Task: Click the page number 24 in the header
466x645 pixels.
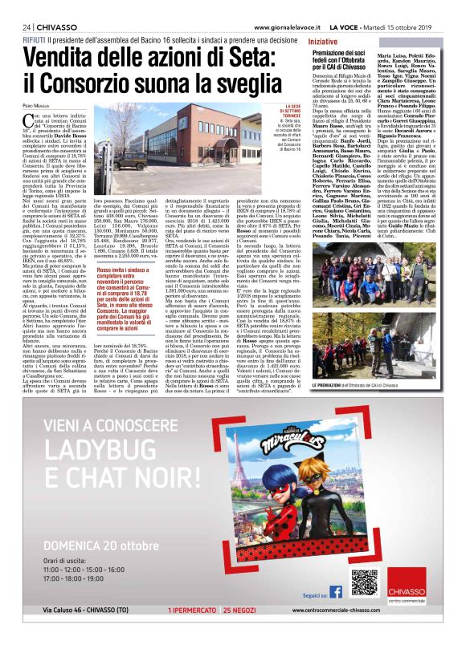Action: (16, 26)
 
